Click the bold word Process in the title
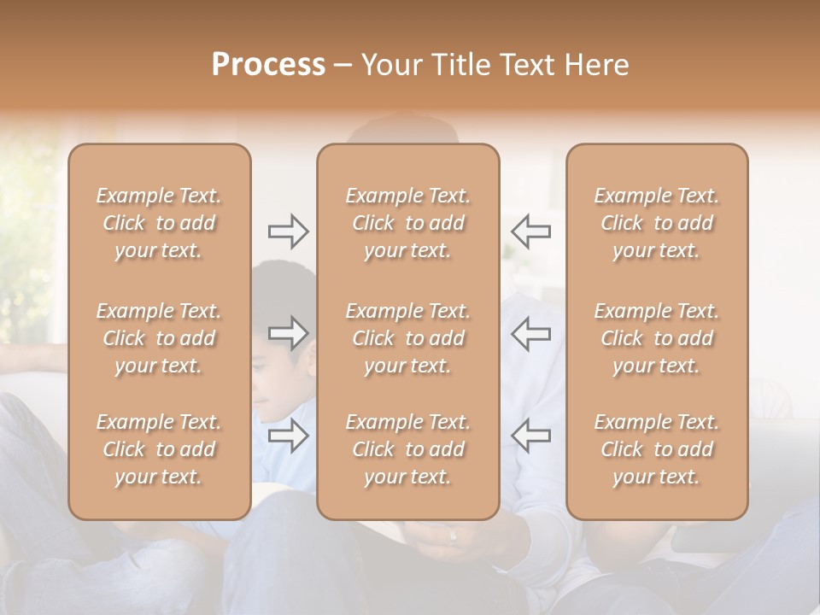268,65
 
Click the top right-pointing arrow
288,231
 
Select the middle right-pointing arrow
288,333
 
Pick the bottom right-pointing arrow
288,436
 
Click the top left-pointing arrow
531,231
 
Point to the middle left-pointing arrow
531,333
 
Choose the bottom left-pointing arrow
531,436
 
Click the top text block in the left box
159,223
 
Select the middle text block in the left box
159,338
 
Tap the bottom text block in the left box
159,449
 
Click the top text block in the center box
407,223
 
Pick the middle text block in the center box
407,338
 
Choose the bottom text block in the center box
407,449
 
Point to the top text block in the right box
656,223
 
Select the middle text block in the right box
656,338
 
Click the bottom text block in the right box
656,449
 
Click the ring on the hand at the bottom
453,536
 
